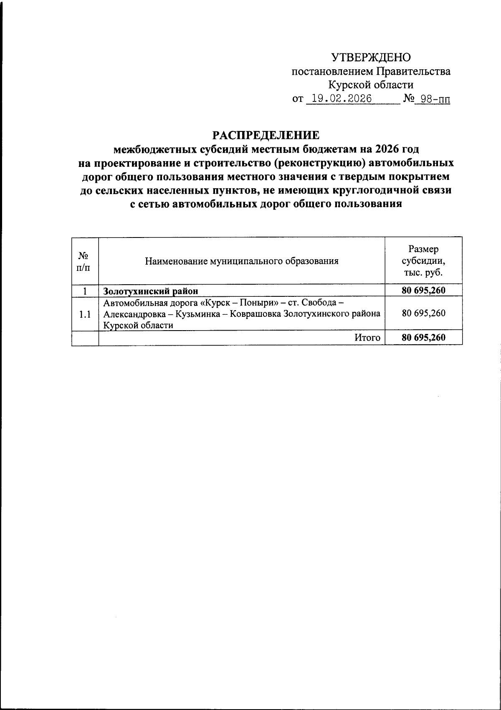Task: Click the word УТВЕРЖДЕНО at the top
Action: click(x=371, y=58)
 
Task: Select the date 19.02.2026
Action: click(x=339, y=99)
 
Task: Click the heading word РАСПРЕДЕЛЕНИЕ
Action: click(x=266, y=136)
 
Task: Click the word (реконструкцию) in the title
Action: click(x=317, y=163)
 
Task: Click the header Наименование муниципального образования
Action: click(x=242, y=261)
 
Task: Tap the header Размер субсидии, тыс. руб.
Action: click(x=423, y=261)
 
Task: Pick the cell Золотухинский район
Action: click(x=151, y=291)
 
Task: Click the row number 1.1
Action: click(x=85, y=314)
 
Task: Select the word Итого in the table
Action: click(x=367, y=338)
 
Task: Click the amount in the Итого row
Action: click(x=423, y=338)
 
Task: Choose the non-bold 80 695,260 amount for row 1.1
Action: click(x=423, y=313)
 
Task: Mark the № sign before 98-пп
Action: click(x=408, y=99)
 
